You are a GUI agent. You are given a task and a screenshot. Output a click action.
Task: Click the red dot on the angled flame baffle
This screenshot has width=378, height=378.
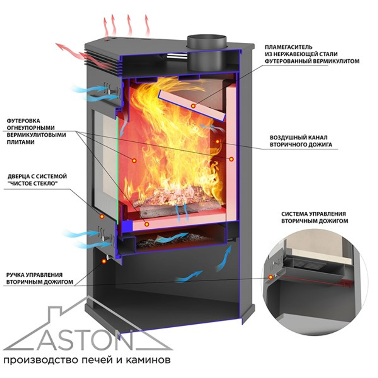[x=193, y=106]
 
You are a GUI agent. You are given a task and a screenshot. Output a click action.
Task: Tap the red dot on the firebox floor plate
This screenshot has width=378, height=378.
[x=147, y=224]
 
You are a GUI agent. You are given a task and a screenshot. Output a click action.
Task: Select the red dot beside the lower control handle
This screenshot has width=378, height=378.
[x=103, y=261]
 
